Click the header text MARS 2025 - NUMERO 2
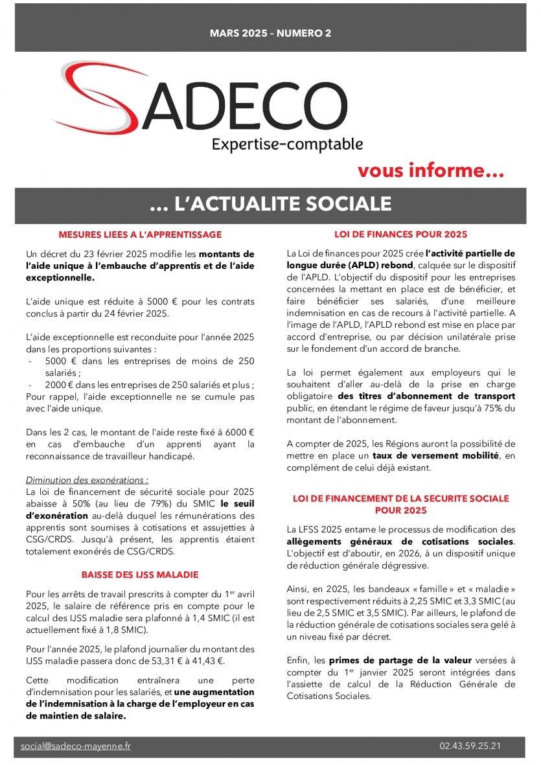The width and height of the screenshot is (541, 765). click(x=270, y=33)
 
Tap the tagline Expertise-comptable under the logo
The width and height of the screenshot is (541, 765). click(x=287, y=144)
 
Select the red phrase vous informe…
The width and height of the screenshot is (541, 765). click(x=430, y=172)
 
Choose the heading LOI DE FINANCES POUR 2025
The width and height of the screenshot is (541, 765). click(x=400, y=234)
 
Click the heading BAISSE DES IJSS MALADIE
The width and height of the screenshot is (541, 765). click(x=140, y=575)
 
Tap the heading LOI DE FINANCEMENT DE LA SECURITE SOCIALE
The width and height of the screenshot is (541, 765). click(x=400, y=499)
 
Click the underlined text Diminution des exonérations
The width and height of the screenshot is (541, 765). click(x=87, y=480)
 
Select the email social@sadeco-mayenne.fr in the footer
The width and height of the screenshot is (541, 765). click(x=75, y=746)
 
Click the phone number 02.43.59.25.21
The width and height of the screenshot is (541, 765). click(x=469, y=746)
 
